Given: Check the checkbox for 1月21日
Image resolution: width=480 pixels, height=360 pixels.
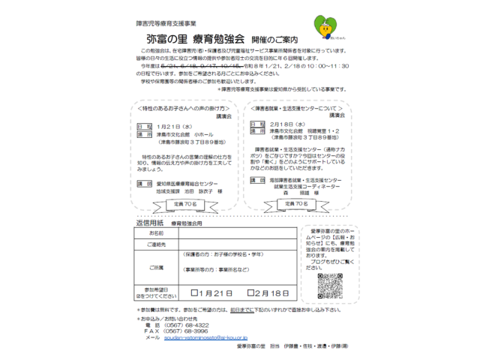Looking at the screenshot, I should pyautogui.click(x=196, y=292).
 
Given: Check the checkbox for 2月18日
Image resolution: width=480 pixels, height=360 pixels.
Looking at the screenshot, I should pyautogui.click(x=248, y=292).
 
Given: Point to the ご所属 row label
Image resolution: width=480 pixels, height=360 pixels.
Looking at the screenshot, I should pyautogui.click(x=156, y=267).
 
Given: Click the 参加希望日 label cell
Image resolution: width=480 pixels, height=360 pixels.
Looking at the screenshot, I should pyautogui.click(x=156, y=292).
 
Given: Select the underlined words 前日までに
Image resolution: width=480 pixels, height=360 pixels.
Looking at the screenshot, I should pyautogui.click(x=240, y=309).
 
